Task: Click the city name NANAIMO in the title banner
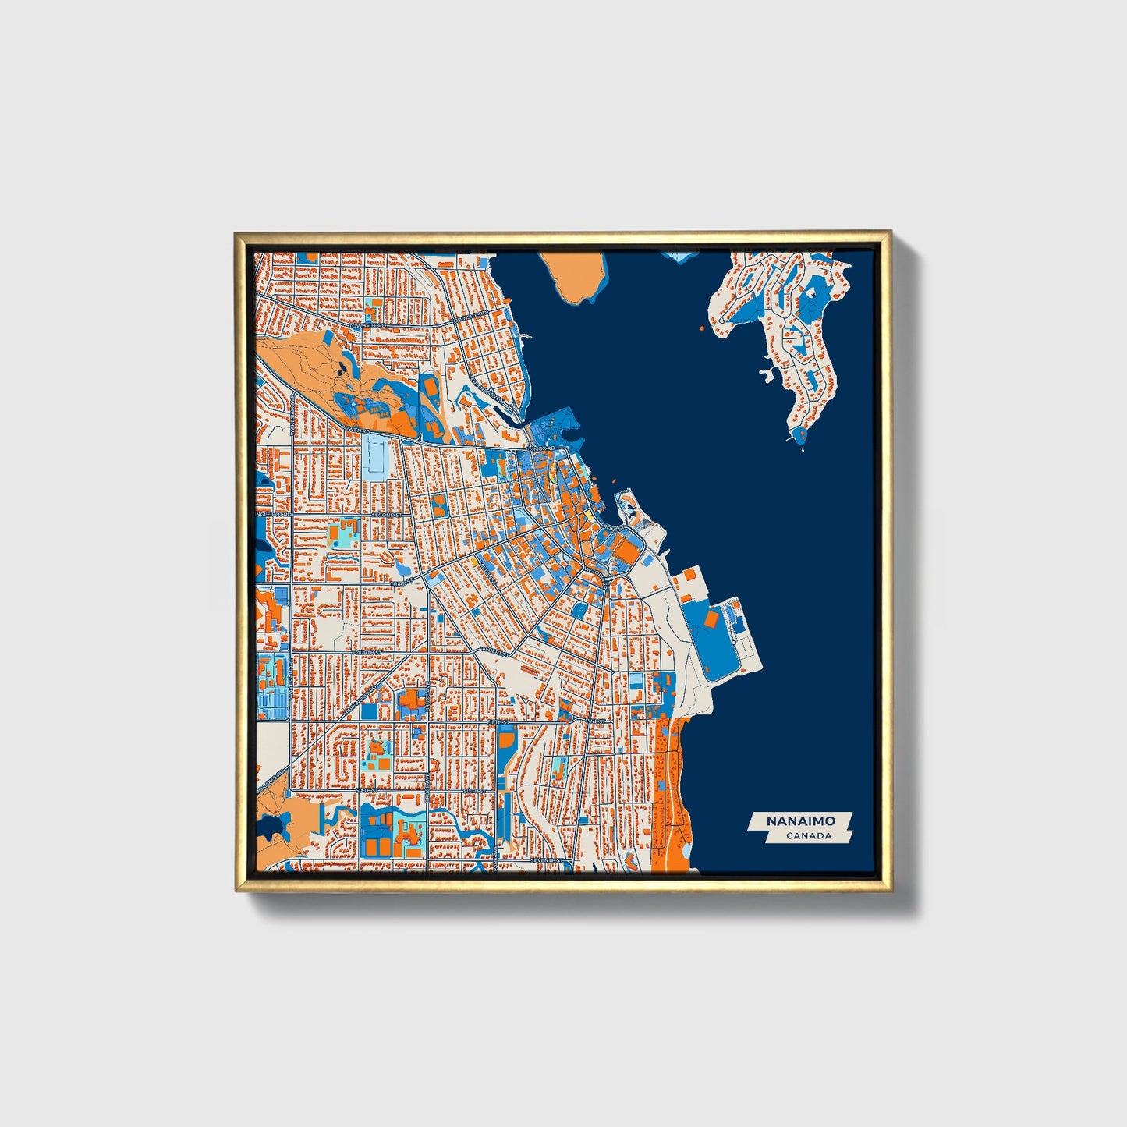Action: pyautogui.click(x=799, y=821)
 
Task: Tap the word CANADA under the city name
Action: pyautogui.click(x=808, y=836)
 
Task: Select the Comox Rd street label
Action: pyautogui.click(x=539, y=449)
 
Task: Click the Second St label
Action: pyautogui.click(x=386, y=516)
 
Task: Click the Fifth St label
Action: pyautogui.click(x=497, y=723)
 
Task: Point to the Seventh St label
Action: pyautogui.click(x=546, y=859)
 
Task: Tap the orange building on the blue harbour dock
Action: pyautogui.click(x=711, y=618)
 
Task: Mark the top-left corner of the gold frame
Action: pyautogui.click(x=236, y=233)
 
